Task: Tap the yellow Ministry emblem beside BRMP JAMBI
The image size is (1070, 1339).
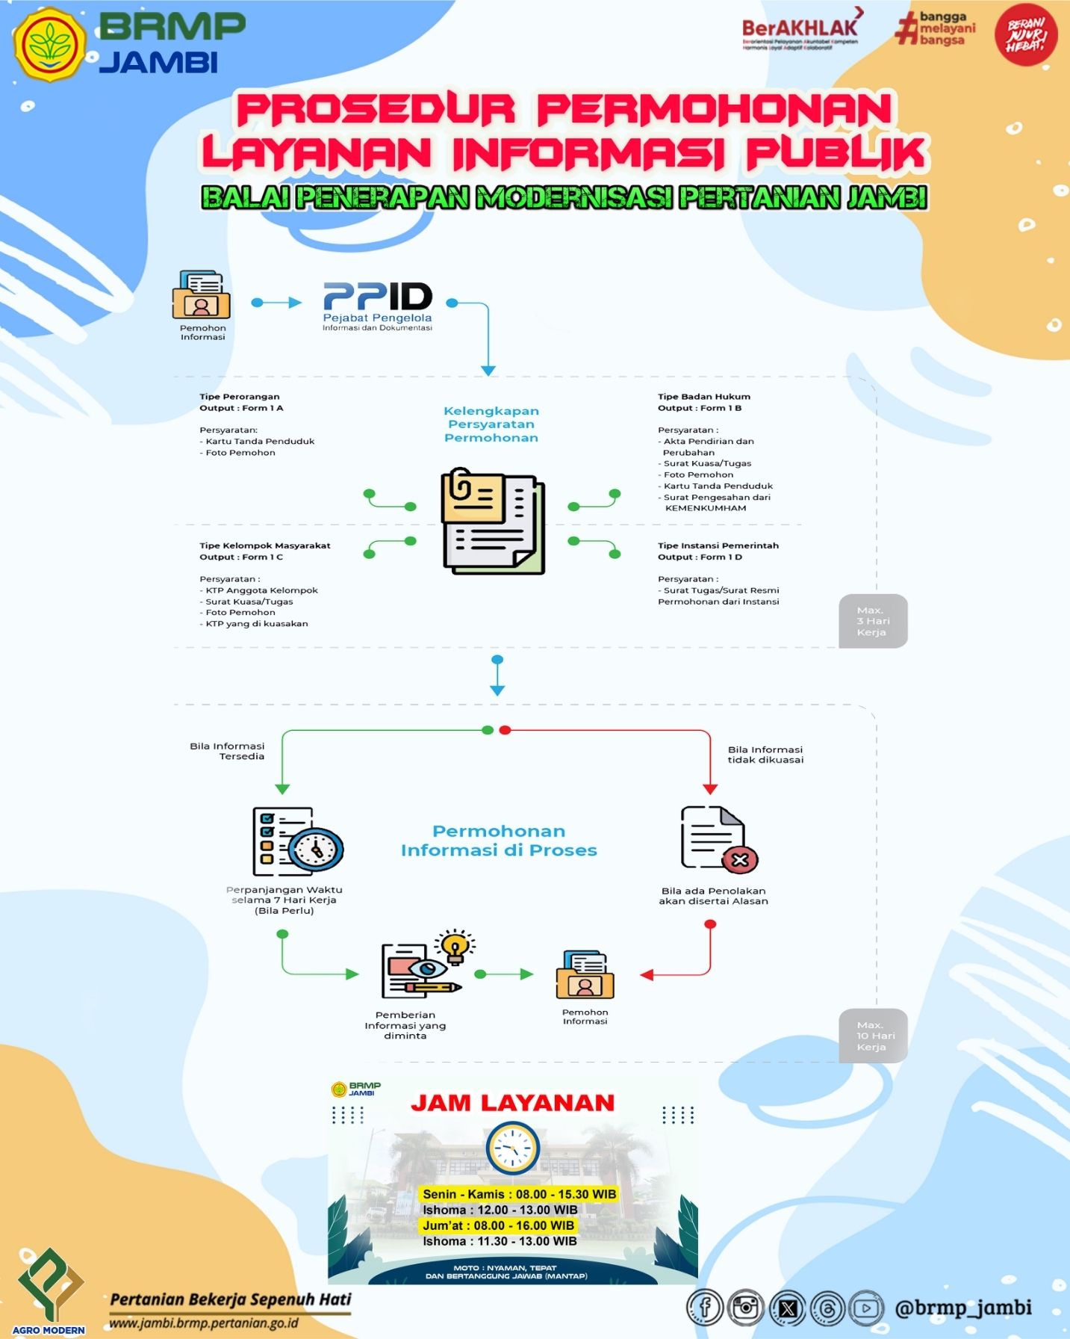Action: (50, 44)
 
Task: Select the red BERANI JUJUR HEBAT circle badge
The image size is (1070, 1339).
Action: (1025, 34)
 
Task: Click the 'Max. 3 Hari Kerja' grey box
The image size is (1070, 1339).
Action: (872, 621)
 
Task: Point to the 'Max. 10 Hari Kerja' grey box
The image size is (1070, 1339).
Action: (872, 1036)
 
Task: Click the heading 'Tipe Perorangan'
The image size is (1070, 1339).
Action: (240, 397)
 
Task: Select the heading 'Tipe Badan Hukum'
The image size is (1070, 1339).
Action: (703, 397)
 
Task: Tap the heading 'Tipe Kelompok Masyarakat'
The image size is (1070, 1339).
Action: (264, 545)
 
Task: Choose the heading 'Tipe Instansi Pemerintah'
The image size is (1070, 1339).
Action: (718, 545)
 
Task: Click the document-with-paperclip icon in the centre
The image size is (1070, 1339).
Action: (493, 522)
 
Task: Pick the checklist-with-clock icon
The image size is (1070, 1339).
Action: (297, 841)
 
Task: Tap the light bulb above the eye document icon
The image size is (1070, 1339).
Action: (455, 945)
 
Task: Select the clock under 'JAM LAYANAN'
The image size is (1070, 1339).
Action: (512, 1149)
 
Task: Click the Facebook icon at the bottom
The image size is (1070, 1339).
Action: (704, 1308)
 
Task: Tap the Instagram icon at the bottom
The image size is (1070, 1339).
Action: (745, 1308)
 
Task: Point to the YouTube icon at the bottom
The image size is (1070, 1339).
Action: (866, 1308)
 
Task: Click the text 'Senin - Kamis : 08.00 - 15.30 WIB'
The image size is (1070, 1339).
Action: (519, 1194)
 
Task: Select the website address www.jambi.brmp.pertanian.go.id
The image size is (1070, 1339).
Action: (204, 1323)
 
